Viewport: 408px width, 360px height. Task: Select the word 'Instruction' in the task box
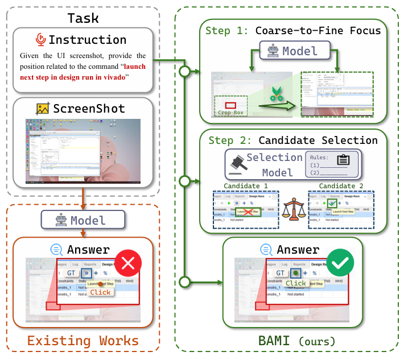tap(87, 40)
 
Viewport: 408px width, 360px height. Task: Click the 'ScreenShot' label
tap(88, 108)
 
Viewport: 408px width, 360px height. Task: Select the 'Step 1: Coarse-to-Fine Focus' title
tap(293, 30)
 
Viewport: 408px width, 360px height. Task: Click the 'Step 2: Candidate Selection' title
tap(293, 140)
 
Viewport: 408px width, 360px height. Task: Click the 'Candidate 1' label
tap(246, 185)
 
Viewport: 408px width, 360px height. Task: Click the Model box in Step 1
tap(292, 52)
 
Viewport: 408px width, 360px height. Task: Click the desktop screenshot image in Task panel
tap(84, 153)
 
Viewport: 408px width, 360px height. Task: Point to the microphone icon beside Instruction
tap(40, 40)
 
